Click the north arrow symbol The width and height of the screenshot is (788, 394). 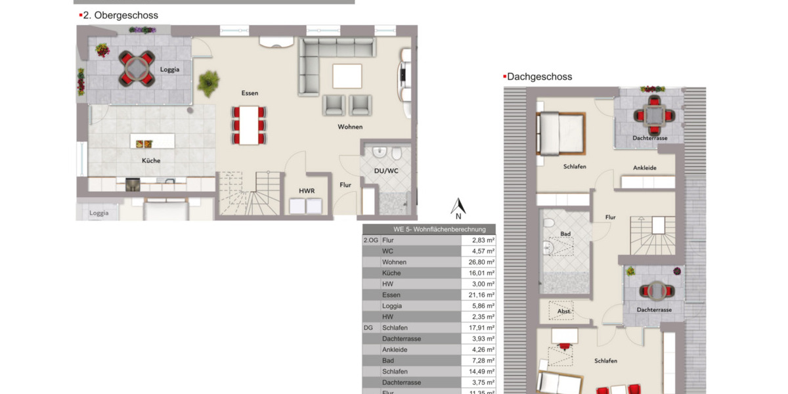coord(458,208)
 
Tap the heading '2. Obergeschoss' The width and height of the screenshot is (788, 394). coord(120,15)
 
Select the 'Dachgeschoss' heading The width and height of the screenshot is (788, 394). coord(539,77)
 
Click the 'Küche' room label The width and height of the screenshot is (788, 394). coord(151,160)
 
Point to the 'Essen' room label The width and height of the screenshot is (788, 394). coord(250,93)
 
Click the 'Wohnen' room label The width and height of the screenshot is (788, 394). coord(350,127)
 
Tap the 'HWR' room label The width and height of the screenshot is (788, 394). coord(307,190)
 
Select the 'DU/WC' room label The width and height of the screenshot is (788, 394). coord(386,171)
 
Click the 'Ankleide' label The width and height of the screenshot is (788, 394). coord(644,168)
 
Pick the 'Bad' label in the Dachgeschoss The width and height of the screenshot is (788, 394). coord(565,234)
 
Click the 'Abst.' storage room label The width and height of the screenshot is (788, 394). coord(564,312)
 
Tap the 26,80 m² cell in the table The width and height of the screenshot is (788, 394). coord(483,262)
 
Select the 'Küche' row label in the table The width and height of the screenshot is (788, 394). coord(391,273)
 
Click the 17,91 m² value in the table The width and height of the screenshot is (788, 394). coord(483,328)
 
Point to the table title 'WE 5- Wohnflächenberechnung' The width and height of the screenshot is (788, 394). coord(430,229)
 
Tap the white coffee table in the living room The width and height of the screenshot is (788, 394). coord(347,76)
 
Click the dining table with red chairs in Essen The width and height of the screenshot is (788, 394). coord(249,124)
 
